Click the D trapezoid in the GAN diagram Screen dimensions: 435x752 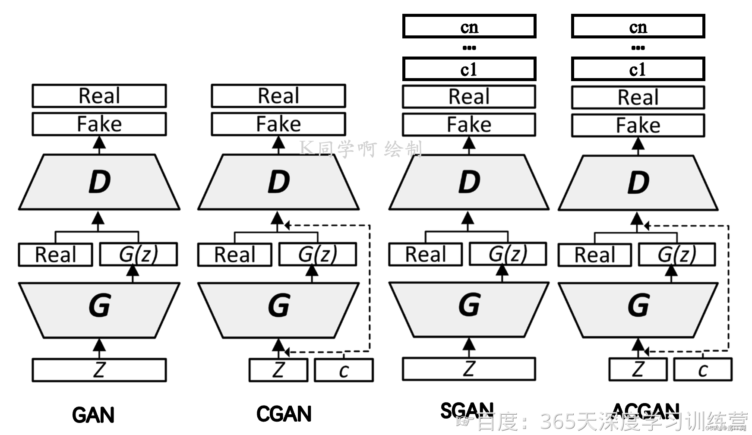coord(99,182)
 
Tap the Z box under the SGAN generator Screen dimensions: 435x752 coord(469,369)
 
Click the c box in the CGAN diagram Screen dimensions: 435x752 coord(344,370)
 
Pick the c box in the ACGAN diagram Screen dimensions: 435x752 coord(703,370)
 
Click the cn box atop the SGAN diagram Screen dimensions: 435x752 coord(469,27)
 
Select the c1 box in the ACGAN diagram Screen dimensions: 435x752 coord(638,69)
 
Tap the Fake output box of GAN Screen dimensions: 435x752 coord(99,124)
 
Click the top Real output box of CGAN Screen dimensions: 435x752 coord(278,96)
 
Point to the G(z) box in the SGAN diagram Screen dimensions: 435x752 coord(508,254)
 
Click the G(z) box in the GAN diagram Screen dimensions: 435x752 coord(138,254)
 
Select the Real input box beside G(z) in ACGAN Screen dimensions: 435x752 coord(594,255)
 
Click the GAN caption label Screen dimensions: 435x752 coord(93,415)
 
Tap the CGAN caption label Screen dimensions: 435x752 coord(284,414)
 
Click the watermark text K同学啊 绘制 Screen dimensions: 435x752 coord(360,149)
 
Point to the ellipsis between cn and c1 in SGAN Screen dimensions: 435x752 coord(469,48)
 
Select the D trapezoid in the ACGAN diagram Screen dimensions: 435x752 coord(638,183)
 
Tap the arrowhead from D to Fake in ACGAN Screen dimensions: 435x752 coord(638,144)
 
